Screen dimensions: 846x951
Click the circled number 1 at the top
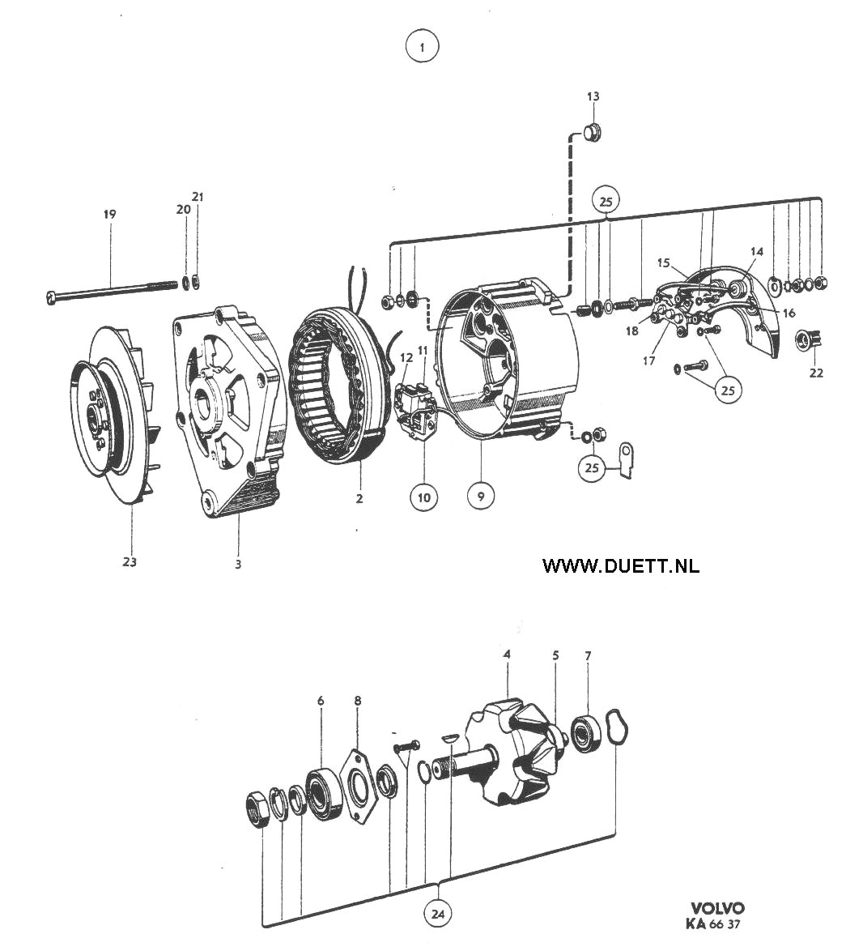tap(423, 46)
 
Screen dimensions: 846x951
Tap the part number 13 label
tap(593, 96)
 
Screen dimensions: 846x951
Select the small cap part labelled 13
tap(592, 131)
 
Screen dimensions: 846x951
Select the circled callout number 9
tap(481, 497)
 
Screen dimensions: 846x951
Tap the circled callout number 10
tap(423, 498)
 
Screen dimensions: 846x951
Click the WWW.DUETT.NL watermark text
tap(621, 565)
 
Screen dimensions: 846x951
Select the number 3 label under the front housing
tap(238, 565)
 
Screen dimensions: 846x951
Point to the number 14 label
tap(756, 251)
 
